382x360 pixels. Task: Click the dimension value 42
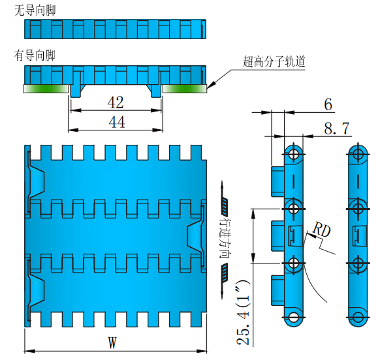point(116,102)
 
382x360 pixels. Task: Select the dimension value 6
point(327,104)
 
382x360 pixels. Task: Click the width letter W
point(112,342)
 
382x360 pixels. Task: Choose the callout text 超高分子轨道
point(274,62)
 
